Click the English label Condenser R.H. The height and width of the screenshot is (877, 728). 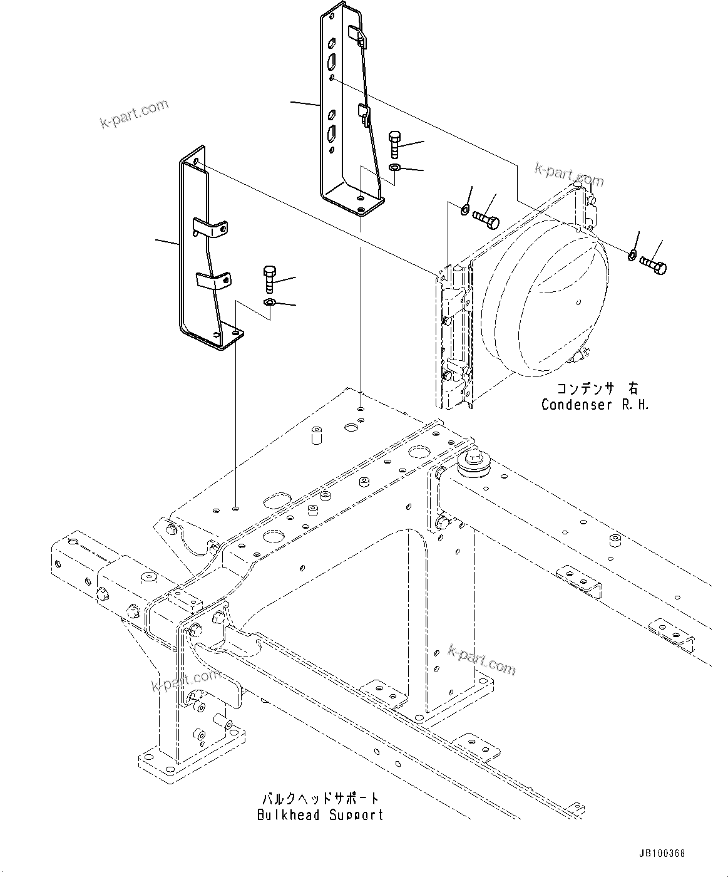595,405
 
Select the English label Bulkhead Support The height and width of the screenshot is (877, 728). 320,815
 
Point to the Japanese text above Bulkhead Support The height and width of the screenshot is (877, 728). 320,799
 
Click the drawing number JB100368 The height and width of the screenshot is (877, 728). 662,854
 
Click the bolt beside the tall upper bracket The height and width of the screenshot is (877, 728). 394,145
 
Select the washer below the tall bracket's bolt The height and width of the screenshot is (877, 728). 394,168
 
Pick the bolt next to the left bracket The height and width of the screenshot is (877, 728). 269,279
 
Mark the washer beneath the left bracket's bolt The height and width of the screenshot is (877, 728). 269,303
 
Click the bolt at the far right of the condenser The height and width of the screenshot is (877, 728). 653,266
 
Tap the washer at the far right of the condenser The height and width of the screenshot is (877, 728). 632,254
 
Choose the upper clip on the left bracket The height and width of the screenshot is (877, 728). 210,228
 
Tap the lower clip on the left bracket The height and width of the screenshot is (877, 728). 213,279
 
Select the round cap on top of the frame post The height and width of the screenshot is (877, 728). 472,462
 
